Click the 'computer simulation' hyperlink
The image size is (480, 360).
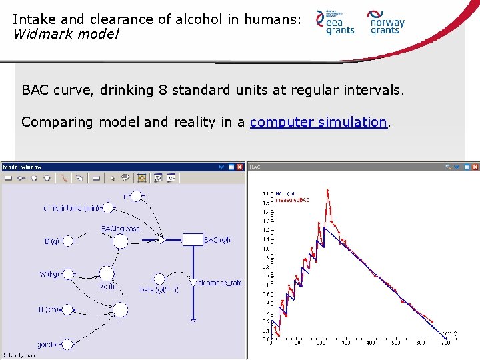coord(318,122)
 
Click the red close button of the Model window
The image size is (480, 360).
coord(240,167)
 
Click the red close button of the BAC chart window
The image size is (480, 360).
coord(474,167)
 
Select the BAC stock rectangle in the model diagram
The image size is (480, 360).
coord(193,240)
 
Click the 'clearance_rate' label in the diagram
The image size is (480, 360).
coord(221,283)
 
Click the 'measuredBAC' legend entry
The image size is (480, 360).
coord(294,200)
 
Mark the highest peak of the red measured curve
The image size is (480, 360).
coord(327,191)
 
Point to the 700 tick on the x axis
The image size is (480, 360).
coord(445,343)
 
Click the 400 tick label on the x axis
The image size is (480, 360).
coord(371,343)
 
